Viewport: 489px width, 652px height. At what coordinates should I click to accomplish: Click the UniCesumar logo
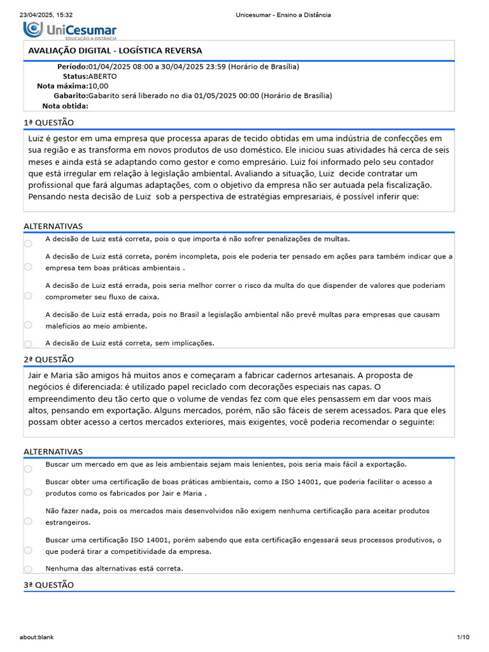(70, 30)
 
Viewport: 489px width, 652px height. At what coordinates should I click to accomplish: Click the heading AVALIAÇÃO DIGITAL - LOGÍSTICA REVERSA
(115, 50)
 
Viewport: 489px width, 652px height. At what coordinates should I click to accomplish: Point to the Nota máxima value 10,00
(99, 86)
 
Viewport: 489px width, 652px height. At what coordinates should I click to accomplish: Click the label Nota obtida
(65, 106)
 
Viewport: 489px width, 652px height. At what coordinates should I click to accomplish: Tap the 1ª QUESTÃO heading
(48, 122)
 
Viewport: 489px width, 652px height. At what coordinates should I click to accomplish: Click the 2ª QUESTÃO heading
(48, 360)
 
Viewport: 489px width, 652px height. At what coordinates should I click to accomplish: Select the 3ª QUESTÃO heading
(48, 585)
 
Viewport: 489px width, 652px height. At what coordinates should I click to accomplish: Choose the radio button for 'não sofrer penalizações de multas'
(28, 244)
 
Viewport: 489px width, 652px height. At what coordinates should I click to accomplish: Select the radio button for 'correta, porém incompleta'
(28, 267)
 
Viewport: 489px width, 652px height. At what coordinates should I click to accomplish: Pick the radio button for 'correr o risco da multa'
(28, 295)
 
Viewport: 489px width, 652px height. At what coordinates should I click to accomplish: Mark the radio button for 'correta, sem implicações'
(28, 344)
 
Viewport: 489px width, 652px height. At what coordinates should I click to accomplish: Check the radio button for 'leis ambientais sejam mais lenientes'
(28, 469)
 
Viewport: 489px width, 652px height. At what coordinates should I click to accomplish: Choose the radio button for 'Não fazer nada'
(28, 521)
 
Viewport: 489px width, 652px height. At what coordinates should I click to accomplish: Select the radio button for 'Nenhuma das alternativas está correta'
(28, 569)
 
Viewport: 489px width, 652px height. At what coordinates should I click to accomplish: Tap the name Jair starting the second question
(36, 375)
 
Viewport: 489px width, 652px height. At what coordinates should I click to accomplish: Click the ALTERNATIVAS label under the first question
(53, 226)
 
